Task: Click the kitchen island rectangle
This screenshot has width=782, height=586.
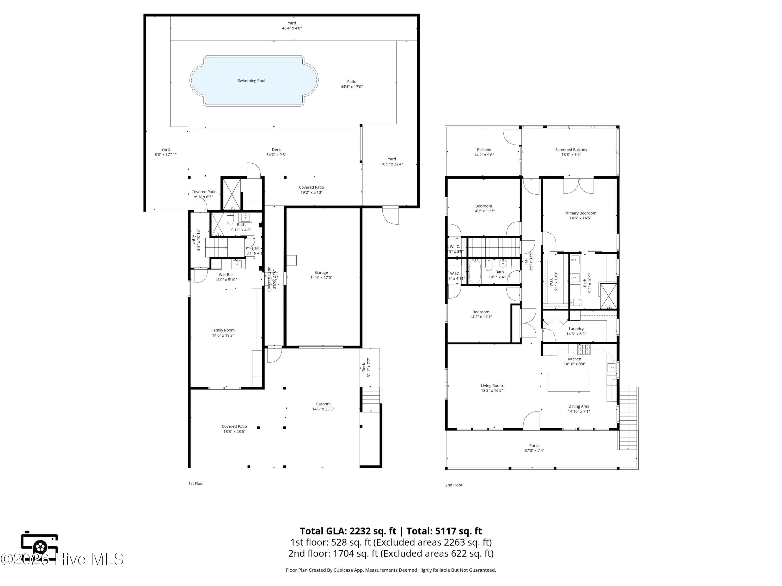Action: tap(569, 382)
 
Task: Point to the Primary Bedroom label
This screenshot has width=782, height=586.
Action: tap(580, 213)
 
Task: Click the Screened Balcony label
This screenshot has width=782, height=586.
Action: tap(571, 149)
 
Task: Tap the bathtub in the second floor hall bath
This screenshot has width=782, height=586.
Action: tap(474, 272)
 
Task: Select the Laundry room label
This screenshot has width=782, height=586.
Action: tap(576, 328)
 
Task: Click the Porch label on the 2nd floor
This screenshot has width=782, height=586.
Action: tap(534, 445)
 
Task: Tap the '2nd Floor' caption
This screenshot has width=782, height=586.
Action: tap(454, 485)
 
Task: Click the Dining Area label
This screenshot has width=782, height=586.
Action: tap(578, 406)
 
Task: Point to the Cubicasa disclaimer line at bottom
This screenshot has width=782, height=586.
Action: tap(391, 570)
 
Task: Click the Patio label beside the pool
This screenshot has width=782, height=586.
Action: tap(351, 82)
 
